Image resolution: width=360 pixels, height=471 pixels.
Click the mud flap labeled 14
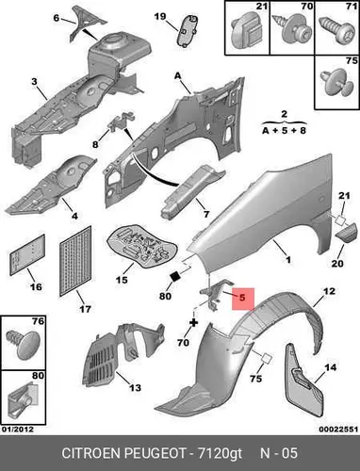pyautogui.click(x=303, y=382)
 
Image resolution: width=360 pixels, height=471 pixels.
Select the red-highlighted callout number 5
pyautogui.click(x=242, y=298)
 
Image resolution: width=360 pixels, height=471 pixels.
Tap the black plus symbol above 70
pyautogui.click(x=194, y=322)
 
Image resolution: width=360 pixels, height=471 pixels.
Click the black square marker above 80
pyautogui.click(x=174, y=276)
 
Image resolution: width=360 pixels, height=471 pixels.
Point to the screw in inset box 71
pyautogui.click(x=335, y=31)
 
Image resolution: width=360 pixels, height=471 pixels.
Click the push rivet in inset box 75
pyautogui.click(x=335, y=84)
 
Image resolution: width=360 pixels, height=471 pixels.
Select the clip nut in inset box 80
pyautogui.click(x=23, y=400)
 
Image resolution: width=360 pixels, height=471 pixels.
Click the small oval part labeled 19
pyautogui.click(x=188, y=30)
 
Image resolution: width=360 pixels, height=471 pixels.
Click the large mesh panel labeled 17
pyautogui.click(x=75, y=261)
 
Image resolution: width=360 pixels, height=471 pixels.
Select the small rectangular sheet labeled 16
pyautogui.click(x=27, y=255)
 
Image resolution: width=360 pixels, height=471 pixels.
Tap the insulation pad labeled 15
pyautogui.click(x=141, y=246)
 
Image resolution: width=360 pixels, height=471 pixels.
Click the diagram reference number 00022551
pyautogui.click(x=338, y=430)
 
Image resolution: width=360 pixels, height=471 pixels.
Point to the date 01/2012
pyautogui.click(x=18, y=430)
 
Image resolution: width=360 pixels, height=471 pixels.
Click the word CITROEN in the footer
pyautogui.click(x=91, y=453)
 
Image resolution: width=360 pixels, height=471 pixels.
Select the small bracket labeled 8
pyautogui.click(x=122, y=122)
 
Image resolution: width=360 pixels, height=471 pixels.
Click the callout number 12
pyautogui.click(x=329, y=291)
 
